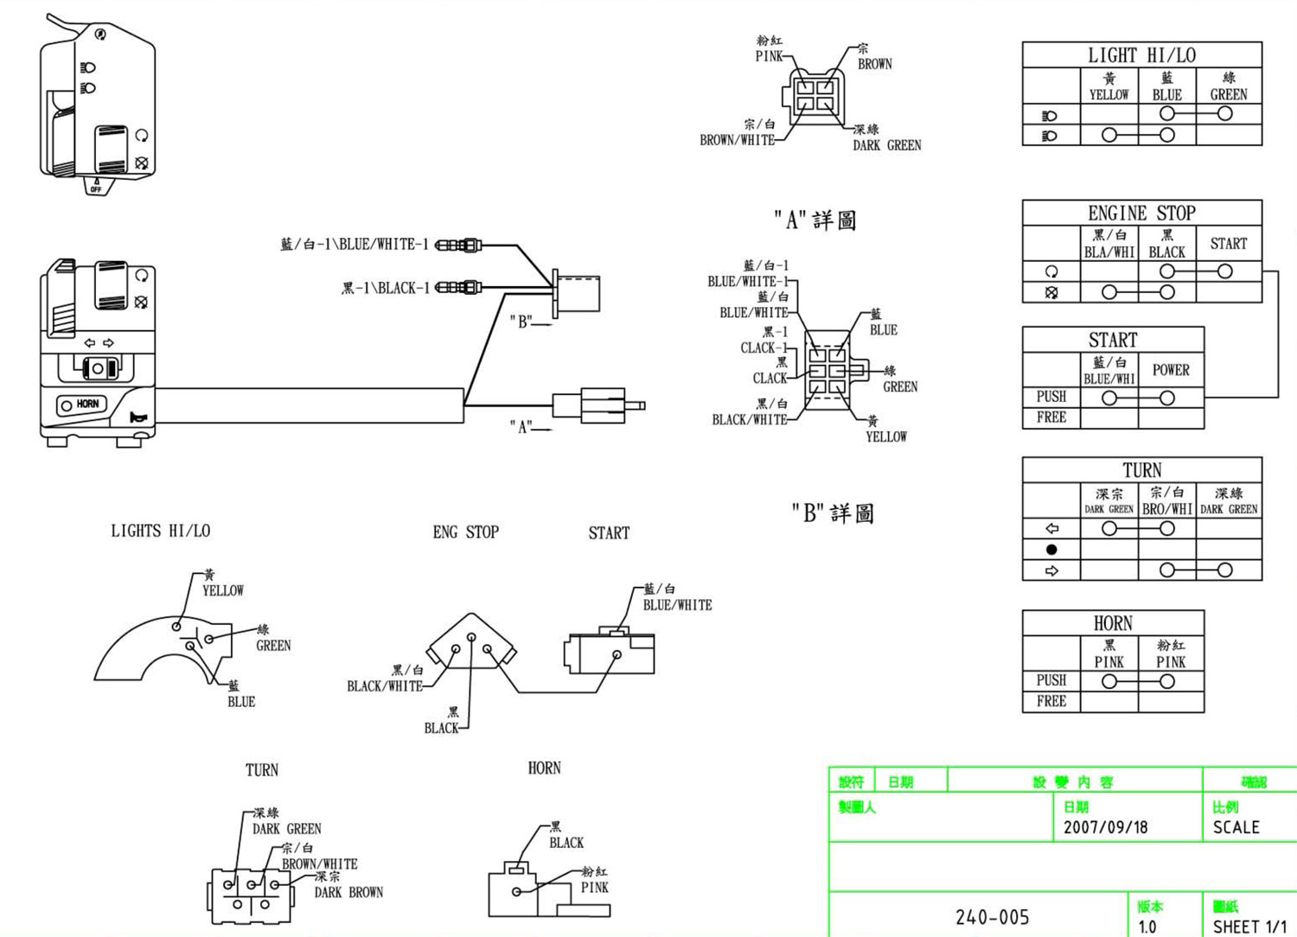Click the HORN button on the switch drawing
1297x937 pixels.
pyautogui.click(x=79, y=405)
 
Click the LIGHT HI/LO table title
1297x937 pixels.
pyautogui.click(x=1141, y=55)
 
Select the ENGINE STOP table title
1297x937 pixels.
pyautogui.click(x=1141, y=213)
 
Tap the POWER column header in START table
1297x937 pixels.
pyautogui.click(x=1171, y=370)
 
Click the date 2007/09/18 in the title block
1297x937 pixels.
pyautogui.click(x=1105, y=827)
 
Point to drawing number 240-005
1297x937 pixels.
pyautogui.click(x=992, y=917)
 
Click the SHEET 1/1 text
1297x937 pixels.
pyautogui.click(x=1249, y=927)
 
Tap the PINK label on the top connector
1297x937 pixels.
pyautogui.click(x=769, y=56)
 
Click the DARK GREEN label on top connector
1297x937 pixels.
pyautogui.click(x=886, y=145)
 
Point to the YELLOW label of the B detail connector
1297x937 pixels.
pyautogui.click(x=886, y=437)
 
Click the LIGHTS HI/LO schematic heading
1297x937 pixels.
pyautogui.click(x=160, y=531)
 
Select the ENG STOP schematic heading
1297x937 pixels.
pyautogui.click(x=465, y=532)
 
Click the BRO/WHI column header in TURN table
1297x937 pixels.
pyautogui.click(x=1167, y=509)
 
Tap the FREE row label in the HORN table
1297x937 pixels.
pyautogui.click(x=1051, y=701)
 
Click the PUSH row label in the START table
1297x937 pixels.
pyautogui.click(x=1051, y=397)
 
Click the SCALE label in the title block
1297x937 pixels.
pyautogui.click(x=1236, y=827)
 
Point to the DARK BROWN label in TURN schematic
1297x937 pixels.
pyautogui.click(x=348, y=892)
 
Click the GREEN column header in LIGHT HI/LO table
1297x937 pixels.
pyautogui.click(x=1228, y=94)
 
